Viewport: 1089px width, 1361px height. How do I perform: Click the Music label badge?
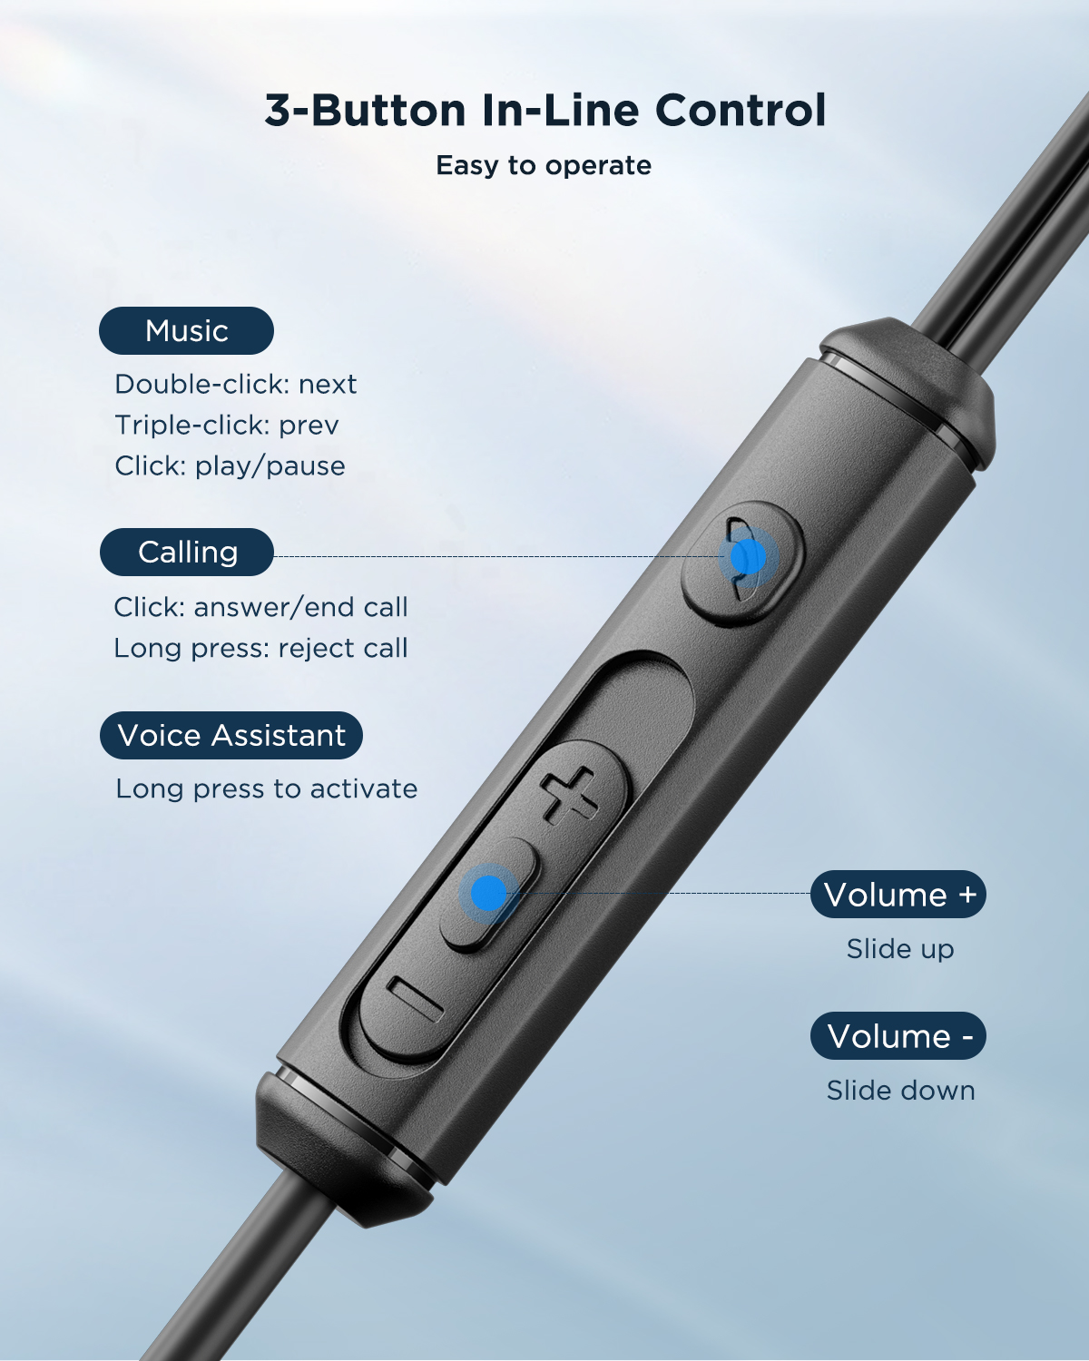pyautogui.click(x=186, y=331)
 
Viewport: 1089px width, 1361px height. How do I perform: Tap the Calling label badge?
pyautogui.click(x=187, y=553)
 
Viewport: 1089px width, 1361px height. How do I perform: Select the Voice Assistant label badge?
pyautogui.click(x=231, y=736)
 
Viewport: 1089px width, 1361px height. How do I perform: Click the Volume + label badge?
pyautogui.click(x=898, y=895)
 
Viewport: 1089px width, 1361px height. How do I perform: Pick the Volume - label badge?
pyautogui.click(x=898, y=1036)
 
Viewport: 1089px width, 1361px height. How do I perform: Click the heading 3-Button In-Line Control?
pyautogui.click(x=545, y=111)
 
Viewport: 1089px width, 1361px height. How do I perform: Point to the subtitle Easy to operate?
pyautogui.click(x=544, y=166)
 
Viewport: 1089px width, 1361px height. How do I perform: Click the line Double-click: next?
pyautogui.click(x=235, y=385)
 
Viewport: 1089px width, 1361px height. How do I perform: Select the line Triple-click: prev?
pyautogui.click(x=226, y=426)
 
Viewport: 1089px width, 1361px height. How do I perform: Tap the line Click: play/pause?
pyautogui.click(x=230, y=466)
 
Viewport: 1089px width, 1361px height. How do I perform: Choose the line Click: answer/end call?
pyautogui.click(x=260, y=608)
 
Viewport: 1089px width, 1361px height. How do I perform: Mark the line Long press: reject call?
pyautogui.click(x=260, y=649)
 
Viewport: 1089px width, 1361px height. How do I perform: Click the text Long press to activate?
pyautogui.click(x=266, y=789)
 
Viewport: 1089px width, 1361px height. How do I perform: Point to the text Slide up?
pyautogui.click(x=899, y=949)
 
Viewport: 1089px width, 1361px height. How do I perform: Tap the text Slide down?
pyautogui.click(x=900, y=1091)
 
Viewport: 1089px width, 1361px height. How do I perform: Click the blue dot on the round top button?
pyautogui.click(x=747, y=558)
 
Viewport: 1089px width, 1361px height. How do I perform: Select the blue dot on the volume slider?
pyautogui.click(x=489, y=894)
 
